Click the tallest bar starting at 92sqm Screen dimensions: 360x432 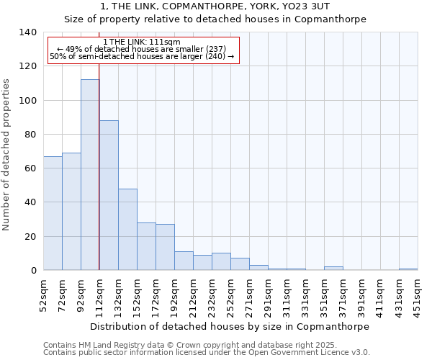(x=90, y=175)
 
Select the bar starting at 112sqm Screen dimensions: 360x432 (x=109, y=195)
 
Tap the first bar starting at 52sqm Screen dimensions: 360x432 (x=53, y=213)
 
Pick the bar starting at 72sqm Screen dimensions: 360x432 (x=71, y=212)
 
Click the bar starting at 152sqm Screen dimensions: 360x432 (x=146, y=246)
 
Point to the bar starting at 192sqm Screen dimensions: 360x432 (x=184, y=261)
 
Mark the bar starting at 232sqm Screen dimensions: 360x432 (x=221, y=261)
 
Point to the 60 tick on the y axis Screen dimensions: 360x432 (x=29, y=168)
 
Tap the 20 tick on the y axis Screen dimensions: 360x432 (x=29, y=236)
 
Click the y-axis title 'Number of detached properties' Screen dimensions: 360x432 (x=7, y=154)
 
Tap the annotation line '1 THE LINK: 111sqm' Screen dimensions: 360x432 (x=142, y=42)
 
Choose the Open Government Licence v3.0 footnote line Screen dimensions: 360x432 (x=207, y=352)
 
